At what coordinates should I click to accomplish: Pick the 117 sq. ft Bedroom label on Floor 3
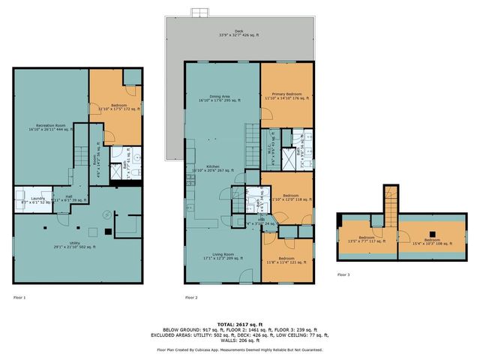tap(367, 241)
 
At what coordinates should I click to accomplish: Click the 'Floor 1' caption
tap(19, 298)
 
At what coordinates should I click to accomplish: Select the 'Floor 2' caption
tap(191, 298)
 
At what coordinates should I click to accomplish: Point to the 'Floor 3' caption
tap(343, 275)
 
